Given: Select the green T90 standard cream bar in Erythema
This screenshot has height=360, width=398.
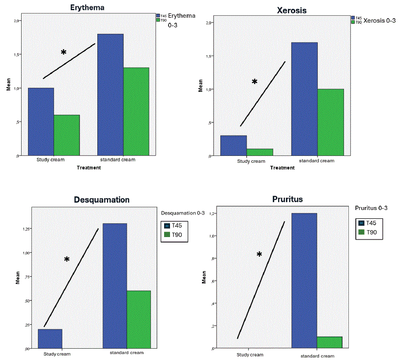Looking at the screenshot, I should click(x=136, y=111).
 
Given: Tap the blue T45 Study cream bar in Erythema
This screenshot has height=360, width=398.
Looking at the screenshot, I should click(x=41, y=121).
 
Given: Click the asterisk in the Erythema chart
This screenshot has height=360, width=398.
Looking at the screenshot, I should click(x=63, y=52).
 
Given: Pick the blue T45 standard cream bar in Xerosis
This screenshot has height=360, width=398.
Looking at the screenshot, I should click(x=304, y=99).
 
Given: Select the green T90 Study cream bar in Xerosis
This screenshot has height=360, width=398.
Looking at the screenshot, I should click(x=259, y=152).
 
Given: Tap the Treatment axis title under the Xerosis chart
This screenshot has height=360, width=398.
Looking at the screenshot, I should click(x=282, y=168).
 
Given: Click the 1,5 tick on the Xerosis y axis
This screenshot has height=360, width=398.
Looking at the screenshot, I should click(x=209, y=56).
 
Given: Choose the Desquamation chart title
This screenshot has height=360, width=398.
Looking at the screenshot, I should click(x=102, y=200).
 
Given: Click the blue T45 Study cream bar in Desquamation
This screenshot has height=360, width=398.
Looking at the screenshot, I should click(x=50, y=338).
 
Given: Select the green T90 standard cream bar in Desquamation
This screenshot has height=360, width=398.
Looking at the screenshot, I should click(x=139, y=319).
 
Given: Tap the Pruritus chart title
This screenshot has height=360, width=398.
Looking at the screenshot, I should click(x=287, y=200).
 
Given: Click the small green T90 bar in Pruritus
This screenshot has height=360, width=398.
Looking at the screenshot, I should click(x=329, y=342).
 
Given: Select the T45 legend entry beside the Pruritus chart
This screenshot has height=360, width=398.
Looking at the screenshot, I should click(x=369, y=223).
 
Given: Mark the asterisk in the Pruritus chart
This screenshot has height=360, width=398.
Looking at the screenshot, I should click(x=259, y=254).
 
